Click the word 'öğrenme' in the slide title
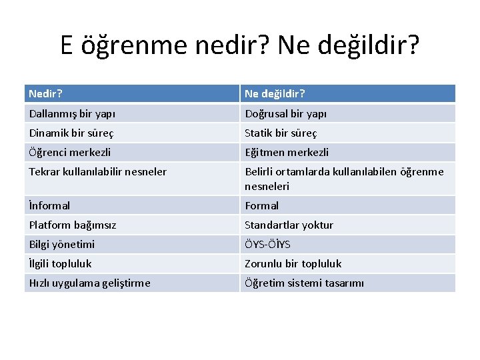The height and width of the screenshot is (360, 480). [135, 45]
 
